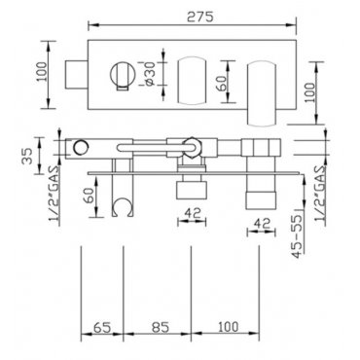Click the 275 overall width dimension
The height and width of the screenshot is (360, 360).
(x=200, y=17)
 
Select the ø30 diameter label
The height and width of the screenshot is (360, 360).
(x=151, y=74)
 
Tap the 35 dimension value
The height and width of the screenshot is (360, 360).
(x=28, y=156)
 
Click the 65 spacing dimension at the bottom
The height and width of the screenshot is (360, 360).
(x=102, y=326)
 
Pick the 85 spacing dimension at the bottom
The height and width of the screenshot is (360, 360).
(x=161, y=326)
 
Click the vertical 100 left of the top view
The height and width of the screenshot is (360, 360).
(x=42, y=72)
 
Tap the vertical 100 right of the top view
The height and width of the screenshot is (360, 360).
(x=310, y=92)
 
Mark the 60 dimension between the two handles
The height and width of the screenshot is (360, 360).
(x=222, y=83)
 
